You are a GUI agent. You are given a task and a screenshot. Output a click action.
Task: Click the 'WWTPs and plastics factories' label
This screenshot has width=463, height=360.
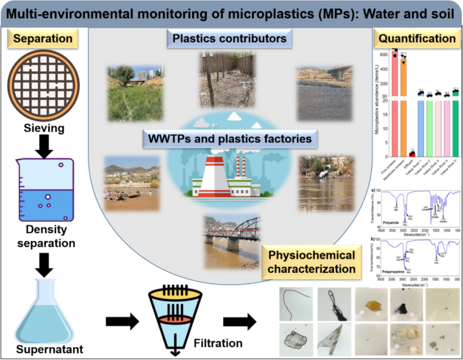(230, 140)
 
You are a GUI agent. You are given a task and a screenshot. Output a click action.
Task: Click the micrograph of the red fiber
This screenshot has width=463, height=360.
(296, 303)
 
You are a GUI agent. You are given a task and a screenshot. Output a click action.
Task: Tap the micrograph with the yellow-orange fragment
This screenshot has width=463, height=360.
(371, 303)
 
